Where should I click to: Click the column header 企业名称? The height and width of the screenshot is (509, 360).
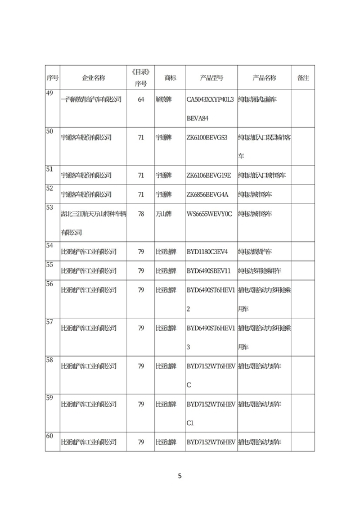(x=93, y=78)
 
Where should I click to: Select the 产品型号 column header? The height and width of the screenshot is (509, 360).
(x=211, y=78)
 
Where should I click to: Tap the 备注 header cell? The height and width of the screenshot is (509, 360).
(x=303, y=78)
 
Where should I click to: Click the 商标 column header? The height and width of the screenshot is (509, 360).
(x=170, y=78)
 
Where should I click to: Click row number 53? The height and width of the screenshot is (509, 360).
(x=49, y=207)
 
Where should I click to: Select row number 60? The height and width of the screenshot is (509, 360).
(x=49, y=436)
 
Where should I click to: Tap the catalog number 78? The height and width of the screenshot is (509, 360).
(x=141, y=214)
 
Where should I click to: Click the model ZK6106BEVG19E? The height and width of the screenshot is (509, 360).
(x=209, y=175)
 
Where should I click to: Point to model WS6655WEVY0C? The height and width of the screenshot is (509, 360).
(x=209, y=214)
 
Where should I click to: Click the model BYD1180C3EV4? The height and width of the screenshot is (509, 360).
(x=207, y=251)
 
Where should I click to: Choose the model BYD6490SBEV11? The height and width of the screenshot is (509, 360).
(x=208, y=271)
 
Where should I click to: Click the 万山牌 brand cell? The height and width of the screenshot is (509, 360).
(x=164, y=214)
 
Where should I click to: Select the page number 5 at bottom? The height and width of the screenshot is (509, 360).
(x=179, y=476)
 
